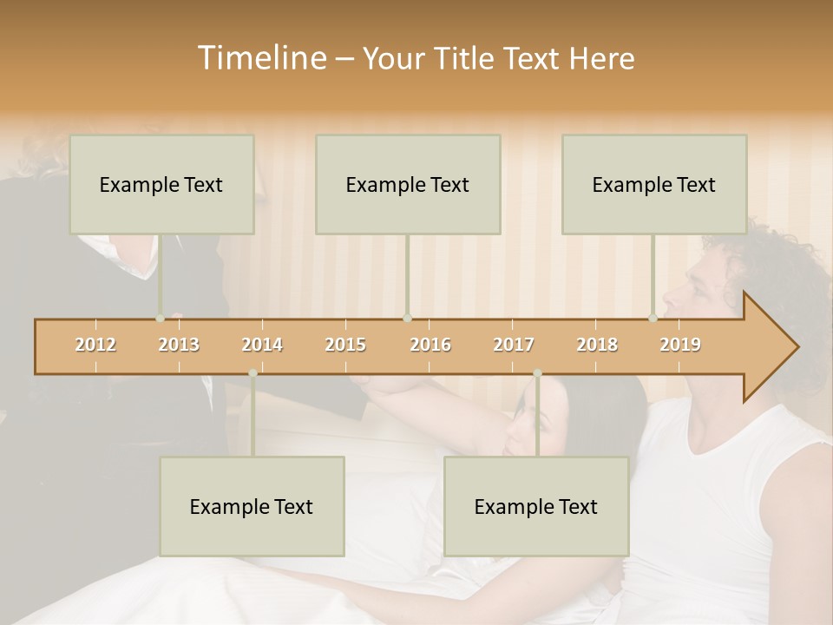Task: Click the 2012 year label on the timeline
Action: click(x=95, y=345)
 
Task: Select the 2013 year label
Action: click(x=179, y=345)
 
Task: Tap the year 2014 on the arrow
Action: click(x=262, y=345)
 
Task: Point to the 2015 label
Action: click(x=345, y=345)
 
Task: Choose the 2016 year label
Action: click(x=430, y=345)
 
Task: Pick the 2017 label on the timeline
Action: click(x=514, y=345)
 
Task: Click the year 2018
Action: click(x=597, y=345)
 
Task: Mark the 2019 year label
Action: click(x=680, y=345)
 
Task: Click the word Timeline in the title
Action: click(x=261, y=58)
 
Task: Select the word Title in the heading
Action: click(x=467, y=58)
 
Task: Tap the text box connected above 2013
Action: click(x=161, y=184)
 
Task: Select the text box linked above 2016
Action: click(x=408, y=184)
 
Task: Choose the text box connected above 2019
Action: click(x=654, y=184)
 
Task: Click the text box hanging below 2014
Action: click(x=252, y=506)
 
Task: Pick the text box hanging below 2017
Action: click(x=536, y=506)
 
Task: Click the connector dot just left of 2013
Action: click(x=160, y=319)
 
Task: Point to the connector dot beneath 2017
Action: click(x=537, y=373)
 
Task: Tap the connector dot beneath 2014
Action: click(x=253, y=373)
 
